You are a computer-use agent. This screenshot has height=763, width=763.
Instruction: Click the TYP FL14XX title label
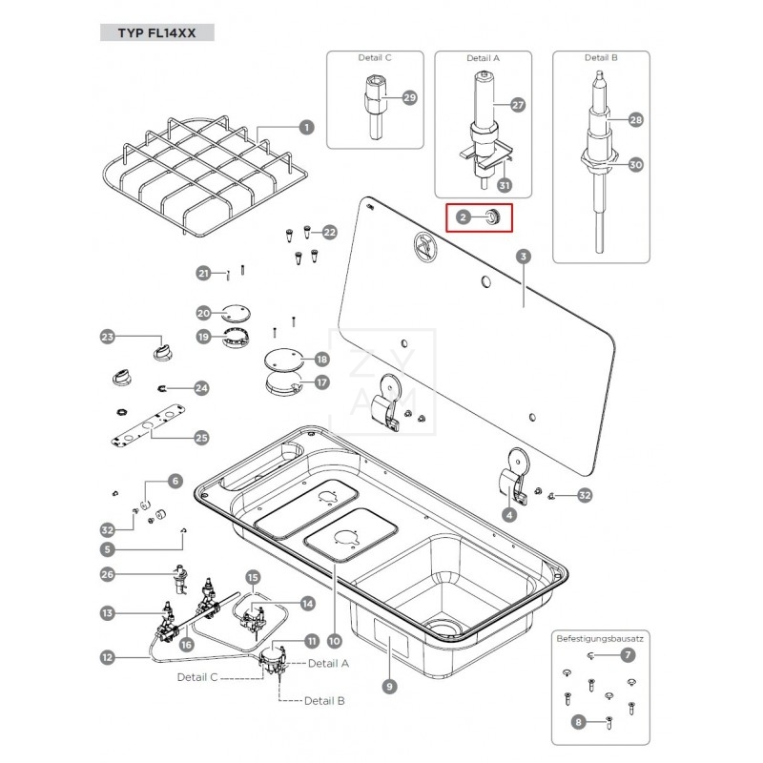click(x=156, y=32)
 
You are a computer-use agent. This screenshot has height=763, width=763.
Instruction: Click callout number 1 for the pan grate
click(x=306, y=126)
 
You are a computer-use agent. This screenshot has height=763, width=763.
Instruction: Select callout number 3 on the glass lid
click(x=522, y=257)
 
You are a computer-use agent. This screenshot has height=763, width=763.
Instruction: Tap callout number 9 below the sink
click(x=389, y=685)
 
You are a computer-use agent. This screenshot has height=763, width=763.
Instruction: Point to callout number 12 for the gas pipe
click(x=108, y=656)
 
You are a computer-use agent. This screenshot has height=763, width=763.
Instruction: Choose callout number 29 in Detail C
click(x=409, y=97)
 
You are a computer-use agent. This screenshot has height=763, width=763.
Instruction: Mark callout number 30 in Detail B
click(x=636, y=164)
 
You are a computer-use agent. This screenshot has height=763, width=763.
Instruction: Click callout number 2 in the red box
click(x=463, y=217)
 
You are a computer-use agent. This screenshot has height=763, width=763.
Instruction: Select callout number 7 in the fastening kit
click(x=627, y=655)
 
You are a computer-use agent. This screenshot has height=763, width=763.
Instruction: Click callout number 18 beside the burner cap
click(x=321, y=360)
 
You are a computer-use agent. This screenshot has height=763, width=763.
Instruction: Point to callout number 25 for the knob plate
click(x=201, y=437)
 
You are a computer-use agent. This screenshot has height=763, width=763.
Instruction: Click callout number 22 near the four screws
click(x=329, y=232)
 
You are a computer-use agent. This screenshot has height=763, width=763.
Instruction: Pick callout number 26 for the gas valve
click(x=108, y=574)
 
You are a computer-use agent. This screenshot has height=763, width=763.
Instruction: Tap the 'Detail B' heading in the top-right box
click(x=601, y=58)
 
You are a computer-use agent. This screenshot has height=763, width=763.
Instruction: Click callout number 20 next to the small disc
click(x=203, y=313)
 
